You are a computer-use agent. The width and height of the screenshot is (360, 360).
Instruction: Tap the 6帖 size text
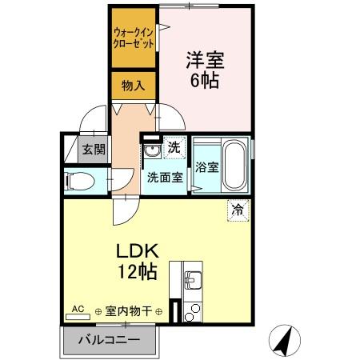tap(204, 80)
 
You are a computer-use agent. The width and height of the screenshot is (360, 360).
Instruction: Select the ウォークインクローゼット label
tap(134, 38)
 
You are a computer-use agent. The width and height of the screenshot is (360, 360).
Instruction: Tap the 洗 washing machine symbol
tap(174, 148)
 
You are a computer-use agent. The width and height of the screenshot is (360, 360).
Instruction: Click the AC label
tap(78, 307)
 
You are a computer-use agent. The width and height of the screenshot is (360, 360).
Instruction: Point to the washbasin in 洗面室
tap(151, 153)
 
